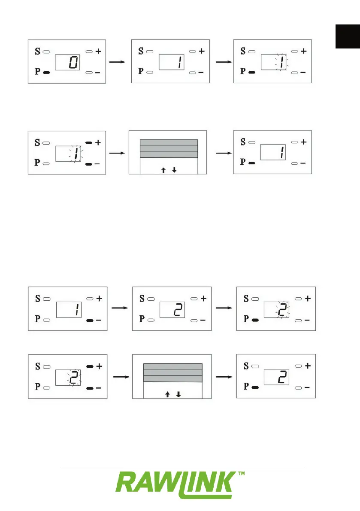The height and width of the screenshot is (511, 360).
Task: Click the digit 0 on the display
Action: click(73, 63)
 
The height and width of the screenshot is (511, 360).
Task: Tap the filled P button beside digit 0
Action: click(47, 73)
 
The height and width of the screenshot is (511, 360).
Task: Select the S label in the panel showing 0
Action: click(37, 51)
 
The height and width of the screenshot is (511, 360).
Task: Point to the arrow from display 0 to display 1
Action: click(117, 62)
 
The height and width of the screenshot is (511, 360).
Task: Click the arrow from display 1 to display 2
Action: click(118, 308)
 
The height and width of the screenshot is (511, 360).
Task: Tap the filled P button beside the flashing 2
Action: click(255, 320)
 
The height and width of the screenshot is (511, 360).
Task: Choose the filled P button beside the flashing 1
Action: click(252, 73)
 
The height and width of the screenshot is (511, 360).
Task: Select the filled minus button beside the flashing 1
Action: click(89, 164)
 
